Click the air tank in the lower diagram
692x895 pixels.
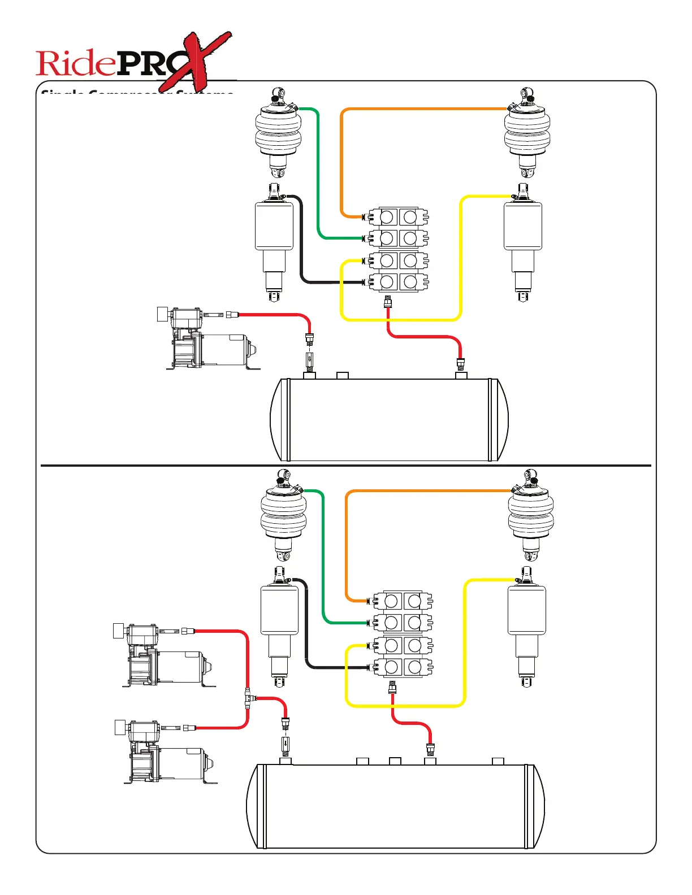[x=396, y=806]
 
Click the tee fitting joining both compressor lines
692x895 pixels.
[x=248, y=699]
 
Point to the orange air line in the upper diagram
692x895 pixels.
[x=424, y=108]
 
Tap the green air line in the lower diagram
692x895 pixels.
[x=323, y=559]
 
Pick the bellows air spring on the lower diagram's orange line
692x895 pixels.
[x=530, y=514]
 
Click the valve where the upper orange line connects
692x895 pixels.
[x=399, y=217]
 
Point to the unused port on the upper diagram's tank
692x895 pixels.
[x=343, y=375]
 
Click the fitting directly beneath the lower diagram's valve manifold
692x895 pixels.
[x=392, y=688]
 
